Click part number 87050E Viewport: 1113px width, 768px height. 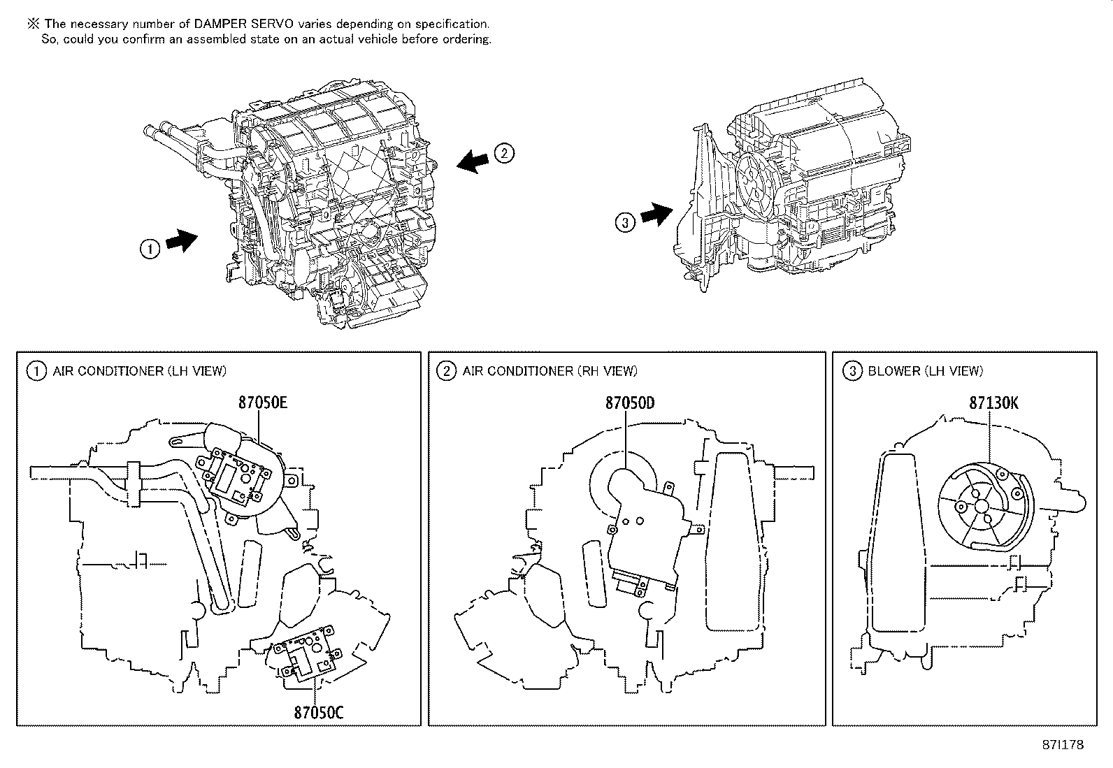tap(263, 403)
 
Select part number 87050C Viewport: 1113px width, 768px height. tap(318, 712)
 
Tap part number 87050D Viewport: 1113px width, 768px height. tap(630, 403)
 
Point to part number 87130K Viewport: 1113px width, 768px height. tap(993, 403)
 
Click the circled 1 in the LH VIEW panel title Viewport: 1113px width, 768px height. tap(36, 371)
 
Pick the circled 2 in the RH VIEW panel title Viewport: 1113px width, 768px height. tap(446, 371)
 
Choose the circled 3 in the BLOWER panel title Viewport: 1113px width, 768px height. tap(852, 371)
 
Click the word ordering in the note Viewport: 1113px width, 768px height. tap(466, 39)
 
